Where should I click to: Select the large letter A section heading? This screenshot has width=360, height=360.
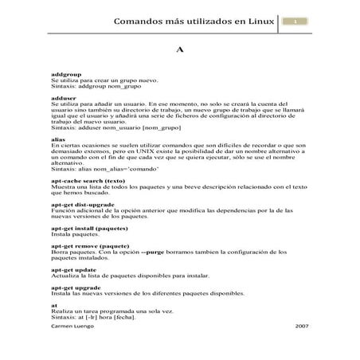pos(180,49)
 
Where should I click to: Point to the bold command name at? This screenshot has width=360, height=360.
pos(53,302)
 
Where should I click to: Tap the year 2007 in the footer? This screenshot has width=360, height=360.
pos(301,327)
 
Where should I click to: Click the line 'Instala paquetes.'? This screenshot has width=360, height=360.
pos(73,233)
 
